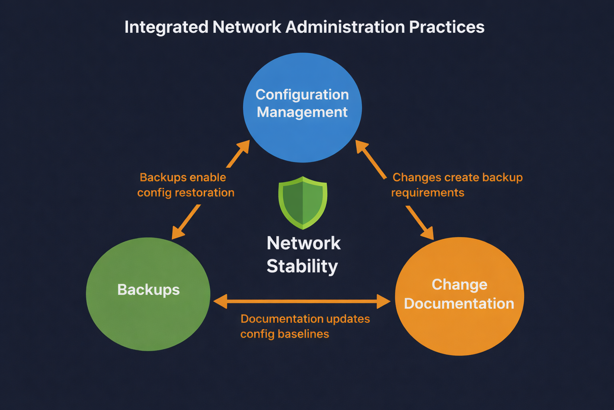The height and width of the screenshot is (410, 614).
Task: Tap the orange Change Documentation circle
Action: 459,328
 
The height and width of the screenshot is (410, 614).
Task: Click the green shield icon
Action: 303,203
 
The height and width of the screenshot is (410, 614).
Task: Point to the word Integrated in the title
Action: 166,27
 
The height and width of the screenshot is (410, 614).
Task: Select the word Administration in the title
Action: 345,27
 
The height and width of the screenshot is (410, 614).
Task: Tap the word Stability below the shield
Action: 302,266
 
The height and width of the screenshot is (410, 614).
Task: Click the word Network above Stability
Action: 303,243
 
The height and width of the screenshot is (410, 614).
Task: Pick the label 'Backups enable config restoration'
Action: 185,185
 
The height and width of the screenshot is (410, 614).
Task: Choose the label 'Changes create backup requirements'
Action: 457,185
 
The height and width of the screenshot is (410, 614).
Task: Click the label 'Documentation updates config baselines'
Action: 305,326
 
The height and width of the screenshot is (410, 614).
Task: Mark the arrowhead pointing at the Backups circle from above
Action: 177,233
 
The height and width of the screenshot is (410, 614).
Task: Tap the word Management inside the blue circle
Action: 302,113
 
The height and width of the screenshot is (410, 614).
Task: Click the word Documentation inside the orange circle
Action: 459,304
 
